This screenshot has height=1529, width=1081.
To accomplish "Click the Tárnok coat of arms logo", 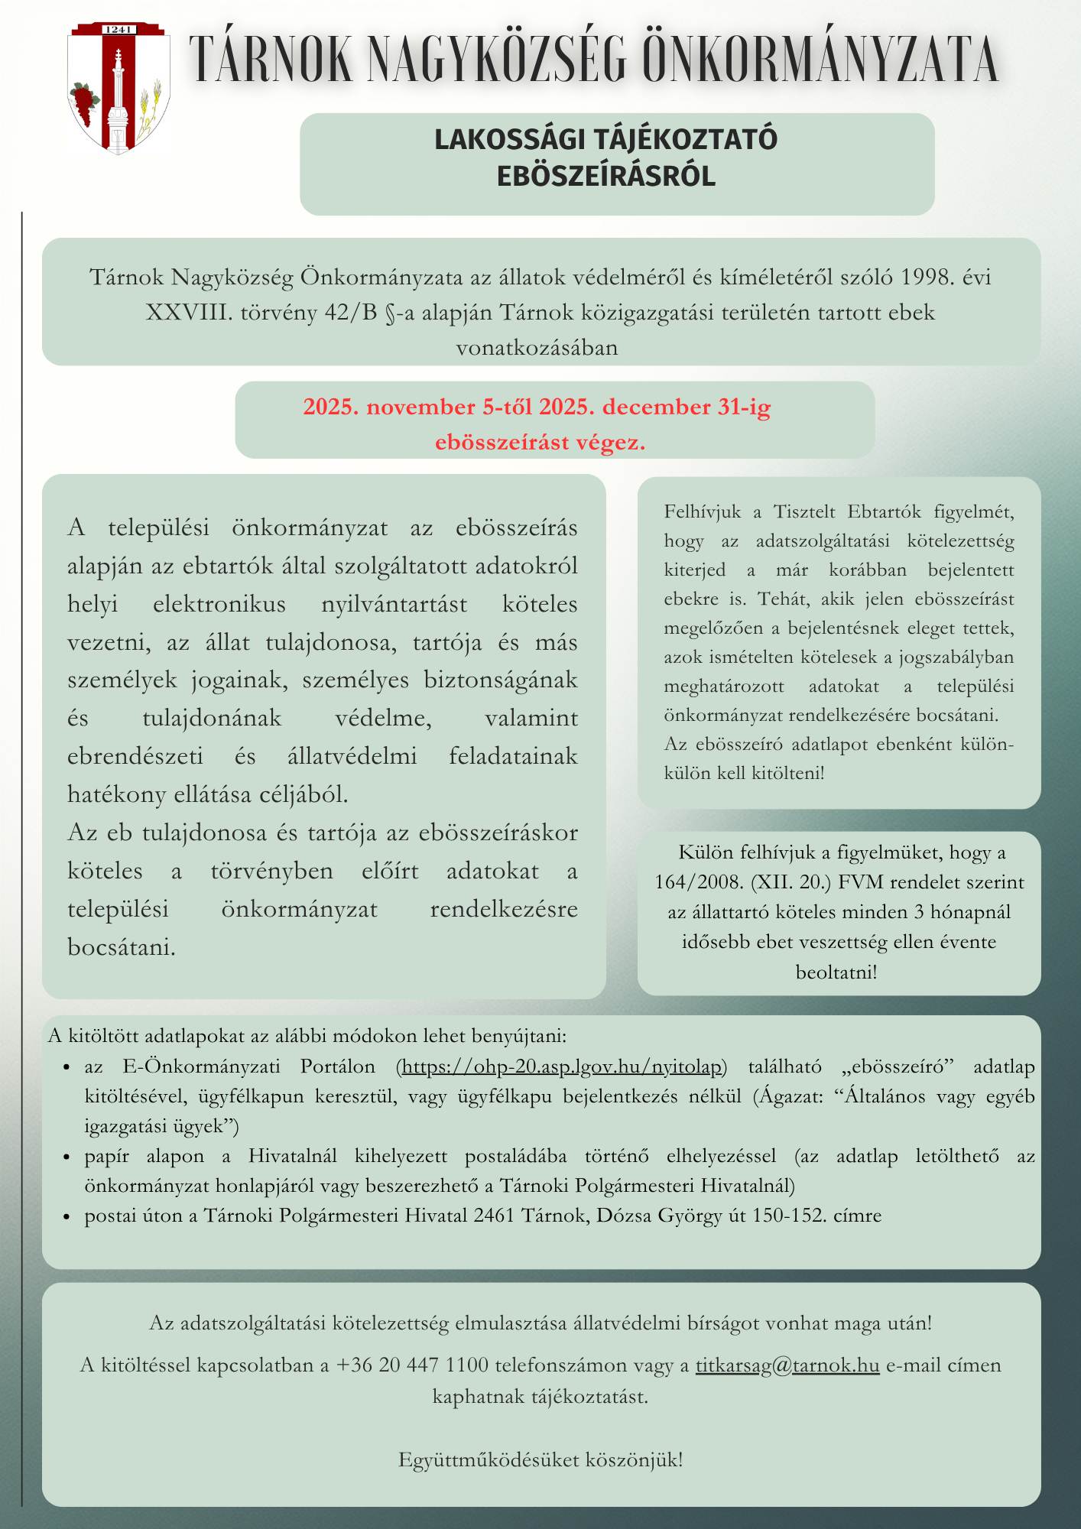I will [118, 88].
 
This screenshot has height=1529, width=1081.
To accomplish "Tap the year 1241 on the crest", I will [118, 30].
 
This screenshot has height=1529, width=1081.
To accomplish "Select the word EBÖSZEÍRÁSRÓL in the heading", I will [605, 177].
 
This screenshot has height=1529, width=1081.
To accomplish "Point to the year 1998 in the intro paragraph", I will [927, 277].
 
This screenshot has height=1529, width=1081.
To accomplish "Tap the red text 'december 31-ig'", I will [687, 407].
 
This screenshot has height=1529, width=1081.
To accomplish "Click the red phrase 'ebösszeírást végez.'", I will [540, 442].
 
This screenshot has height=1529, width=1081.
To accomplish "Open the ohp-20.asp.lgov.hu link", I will [561, 1066].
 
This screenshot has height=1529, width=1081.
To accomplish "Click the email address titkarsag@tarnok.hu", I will [787, 1365].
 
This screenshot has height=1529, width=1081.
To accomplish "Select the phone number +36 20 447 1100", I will [412, 1365].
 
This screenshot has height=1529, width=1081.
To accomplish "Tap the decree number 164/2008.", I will [699, 882].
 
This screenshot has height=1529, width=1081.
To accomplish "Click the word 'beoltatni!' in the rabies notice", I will [836, 972].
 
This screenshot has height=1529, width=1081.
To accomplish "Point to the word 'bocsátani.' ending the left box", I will [122, 947].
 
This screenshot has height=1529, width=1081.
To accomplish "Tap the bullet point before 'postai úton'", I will [67, 1216].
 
